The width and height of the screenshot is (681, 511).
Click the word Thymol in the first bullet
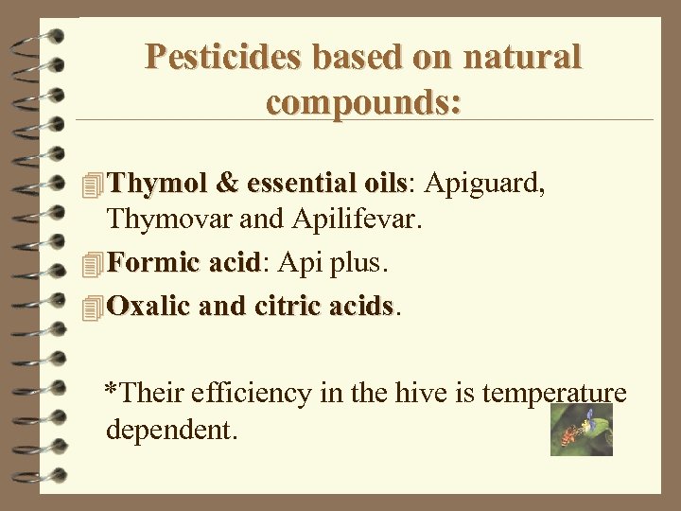coord(157,182)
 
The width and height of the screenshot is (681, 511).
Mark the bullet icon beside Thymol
coord(91,184)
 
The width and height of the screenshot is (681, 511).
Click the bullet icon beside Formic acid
coord(91,265)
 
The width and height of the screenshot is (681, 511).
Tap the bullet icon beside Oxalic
coord(91,308)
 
